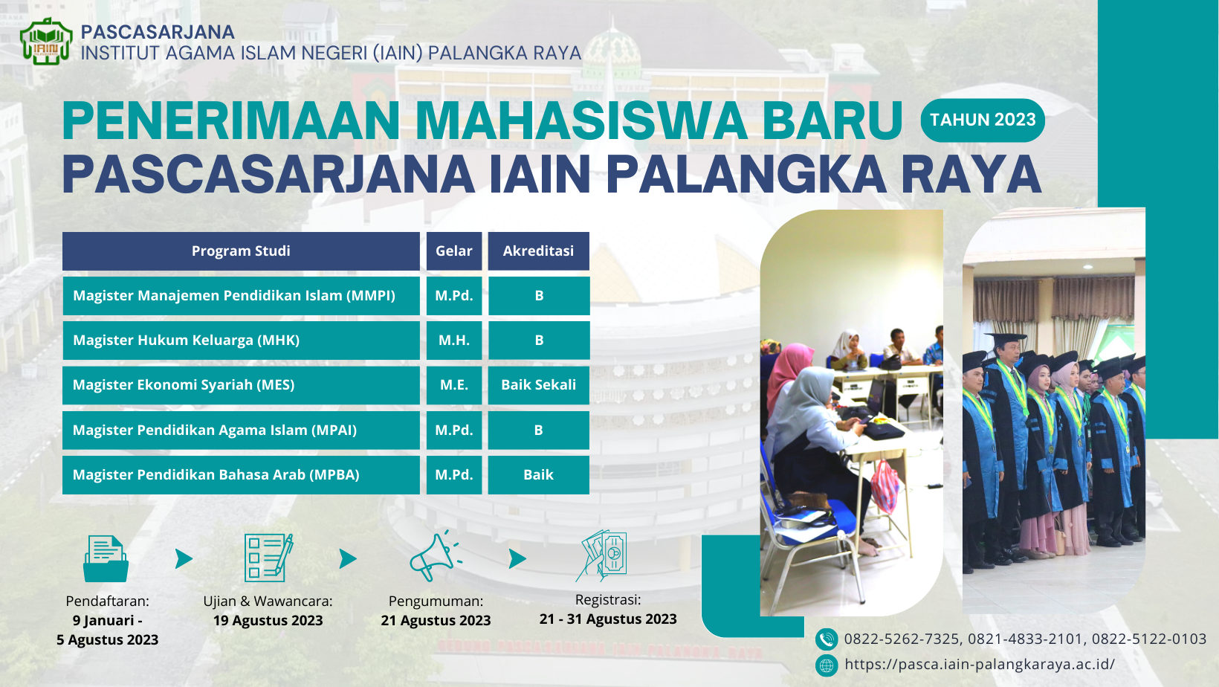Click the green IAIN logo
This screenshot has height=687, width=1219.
pyautogui.click(x=46, y=42)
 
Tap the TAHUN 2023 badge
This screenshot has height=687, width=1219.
pyautogui.click(x=983, y=120)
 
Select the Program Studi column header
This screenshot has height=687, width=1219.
pyautogui.click(x=241, y=251)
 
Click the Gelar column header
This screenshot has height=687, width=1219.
pyautogui.click(x=454, y=251)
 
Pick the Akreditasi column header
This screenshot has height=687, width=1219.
pyautogui.click(x=538, y=251)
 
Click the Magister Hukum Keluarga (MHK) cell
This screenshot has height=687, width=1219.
pyautogui.click(x=241, y=341)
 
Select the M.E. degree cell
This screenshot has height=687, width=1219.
pyautogui.click(x=454, y=385)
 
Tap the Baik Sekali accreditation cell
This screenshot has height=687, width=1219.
pyautogui.click(x=538, y=385)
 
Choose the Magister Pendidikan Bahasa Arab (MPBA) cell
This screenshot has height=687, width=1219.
pyautogui.click(x=241, y=474)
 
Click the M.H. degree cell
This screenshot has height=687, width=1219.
pyautogui.click(x=454, y=341)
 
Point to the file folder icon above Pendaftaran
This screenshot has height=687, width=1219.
pyautogui.click(x=106, y=558)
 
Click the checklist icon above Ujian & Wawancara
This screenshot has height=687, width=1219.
pyautogui.click(x=268, y=558)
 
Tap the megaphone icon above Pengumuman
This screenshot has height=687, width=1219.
pyautogui.click(x=436, y=556)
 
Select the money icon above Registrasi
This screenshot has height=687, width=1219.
pyautogui.click(x=601, y=556)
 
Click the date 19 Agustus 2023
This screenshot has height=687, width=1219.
pyautogui.click(x=268, y=621)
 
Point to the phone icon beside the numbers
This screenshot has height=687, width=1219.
pyautogui.click(x=826, y=639)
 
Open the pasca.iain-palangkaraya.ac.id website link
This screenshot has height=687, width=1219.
pyautogui.click(x=980, y=665)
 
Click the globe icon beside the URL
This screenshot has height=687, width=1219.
pyautogui.click(x=826, y=665)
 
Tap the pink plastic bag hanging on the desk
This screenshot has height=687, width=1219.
pyautogui.click(x=885, y=487)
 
